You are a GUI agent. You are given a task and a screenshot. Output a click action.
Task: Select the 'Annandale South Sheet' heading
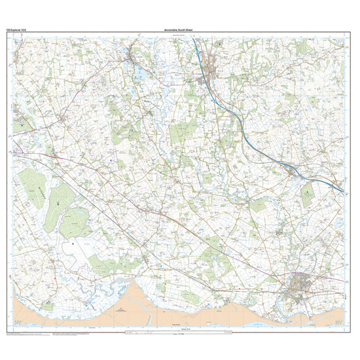[179, 30]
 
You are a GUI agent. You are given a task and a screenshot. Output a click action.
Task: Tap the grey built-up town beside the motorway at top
[211, 65]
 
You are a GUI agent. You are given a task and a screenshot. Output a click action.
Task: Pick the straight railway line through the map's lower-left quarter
[98, 196]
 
